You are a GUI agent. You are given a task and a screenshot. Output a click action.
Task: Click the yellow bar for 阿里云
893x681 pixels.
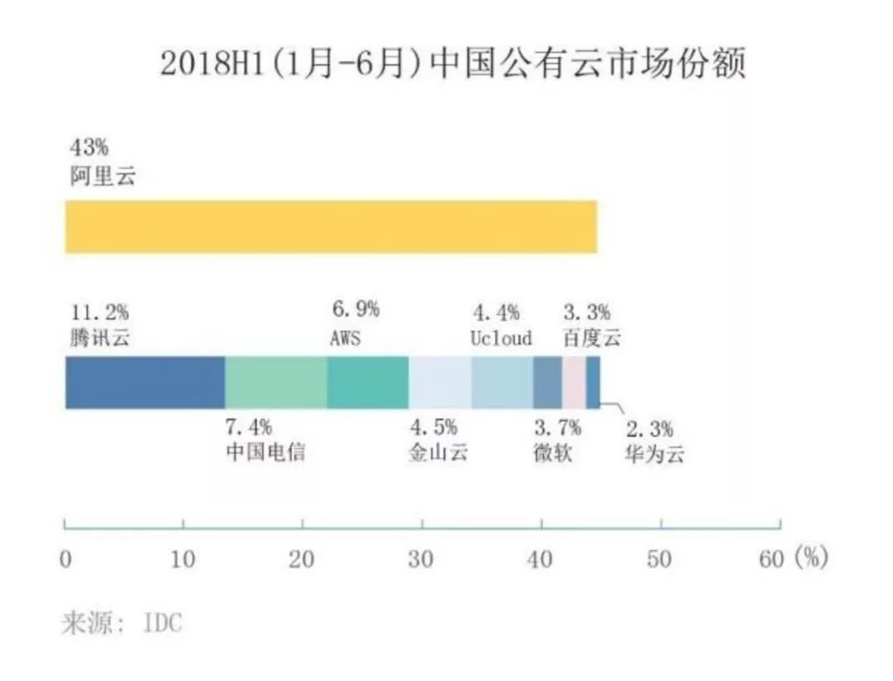click(331, 226)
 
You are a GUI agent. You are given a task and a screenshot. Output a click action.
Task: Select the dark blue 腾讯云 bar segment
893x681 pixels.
click(145, 382)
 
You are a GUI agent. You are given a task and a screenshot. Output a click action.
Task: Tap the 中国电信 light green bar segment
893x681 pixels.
click(275, 382)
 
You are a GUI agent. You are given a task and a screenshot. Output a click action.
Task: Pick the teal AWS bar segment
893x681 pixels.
click(367, 382)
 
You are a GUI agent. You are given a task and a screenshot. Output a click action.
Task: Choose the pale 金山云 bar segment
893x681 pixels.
click(439, 382)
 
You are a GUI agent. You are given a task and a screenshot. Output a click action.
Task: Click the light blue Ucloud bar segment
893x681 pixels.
click(501, 382)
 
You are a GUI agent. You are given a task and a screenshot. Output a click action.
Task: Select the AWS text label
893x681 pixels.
click(346, 339)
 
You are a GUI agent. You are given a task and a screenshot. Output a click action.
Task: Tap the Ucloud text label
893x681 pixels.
click(501, 339)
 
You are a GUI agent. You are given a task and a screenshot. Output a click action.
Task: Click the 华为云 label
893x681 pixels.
click(654, 455)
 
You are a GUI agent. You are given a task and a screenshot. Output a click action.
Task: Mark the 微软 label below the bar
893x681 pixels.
click(553, 455)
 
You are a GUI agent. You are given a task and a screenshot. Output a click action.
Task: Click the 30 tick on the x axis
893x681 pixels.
click(422, 560)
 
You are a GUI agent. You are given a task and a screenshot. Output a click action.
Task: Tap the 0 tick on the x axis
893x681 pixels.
click(65, 560)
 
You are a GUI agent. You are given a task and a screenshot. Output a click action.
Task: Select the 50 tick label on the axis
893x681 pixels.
click(660, 560)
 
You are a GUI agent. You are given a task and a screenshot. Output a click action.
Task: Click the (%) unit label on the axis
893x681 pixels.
click(810, 560)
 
